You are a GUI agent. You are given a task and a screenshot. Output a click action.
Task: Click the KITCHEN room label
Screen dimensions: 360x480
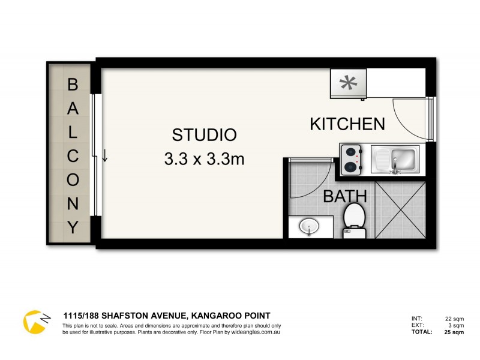347,124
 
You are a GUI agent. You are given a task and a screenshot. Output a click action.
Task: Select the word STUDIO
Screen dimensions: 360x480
204,135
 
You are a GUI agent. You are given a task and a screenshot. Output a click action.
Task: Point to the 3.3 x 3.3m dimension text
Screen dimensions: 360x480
204,160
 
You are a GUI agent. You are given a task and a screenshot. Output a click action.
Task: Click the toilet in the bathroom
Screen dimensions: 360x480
354,219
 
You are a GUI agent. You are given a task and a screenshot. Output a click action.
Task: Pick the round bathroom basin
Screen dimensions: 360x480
310,226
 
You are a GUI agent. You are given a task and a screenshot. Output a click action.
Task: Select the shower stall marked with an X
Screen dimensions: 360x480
400,208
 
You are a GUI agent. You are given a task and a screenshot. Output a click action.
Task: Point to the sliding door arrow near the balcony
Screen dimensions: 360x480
105,156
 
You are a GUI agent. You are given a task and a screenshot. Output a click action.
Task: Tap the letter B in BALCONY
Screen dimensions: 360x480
73,85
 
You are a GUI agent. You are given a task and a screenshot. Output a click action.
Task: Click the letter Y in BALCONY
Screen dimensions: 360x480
73,227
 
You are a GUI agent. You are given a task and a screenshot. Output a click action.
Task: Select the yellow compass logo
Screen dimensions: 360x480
34,322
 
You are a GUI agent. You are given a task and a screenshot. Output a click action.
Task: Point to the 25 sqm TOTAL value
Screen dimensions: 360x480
454,332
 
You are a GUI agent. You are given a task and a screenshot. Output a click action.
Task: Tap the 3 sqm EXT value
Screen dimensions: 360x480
454,325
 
